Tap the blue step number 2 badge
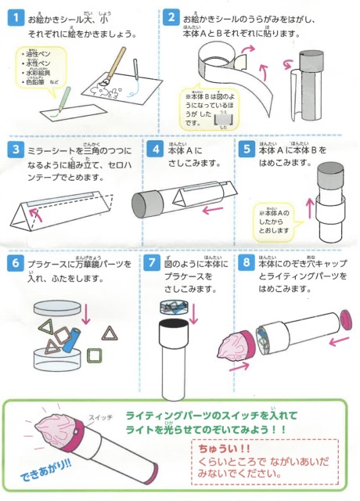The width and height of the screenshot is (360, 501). [171, 16]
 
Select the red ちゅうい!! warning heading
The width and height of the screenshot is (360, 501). [222, 449]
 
